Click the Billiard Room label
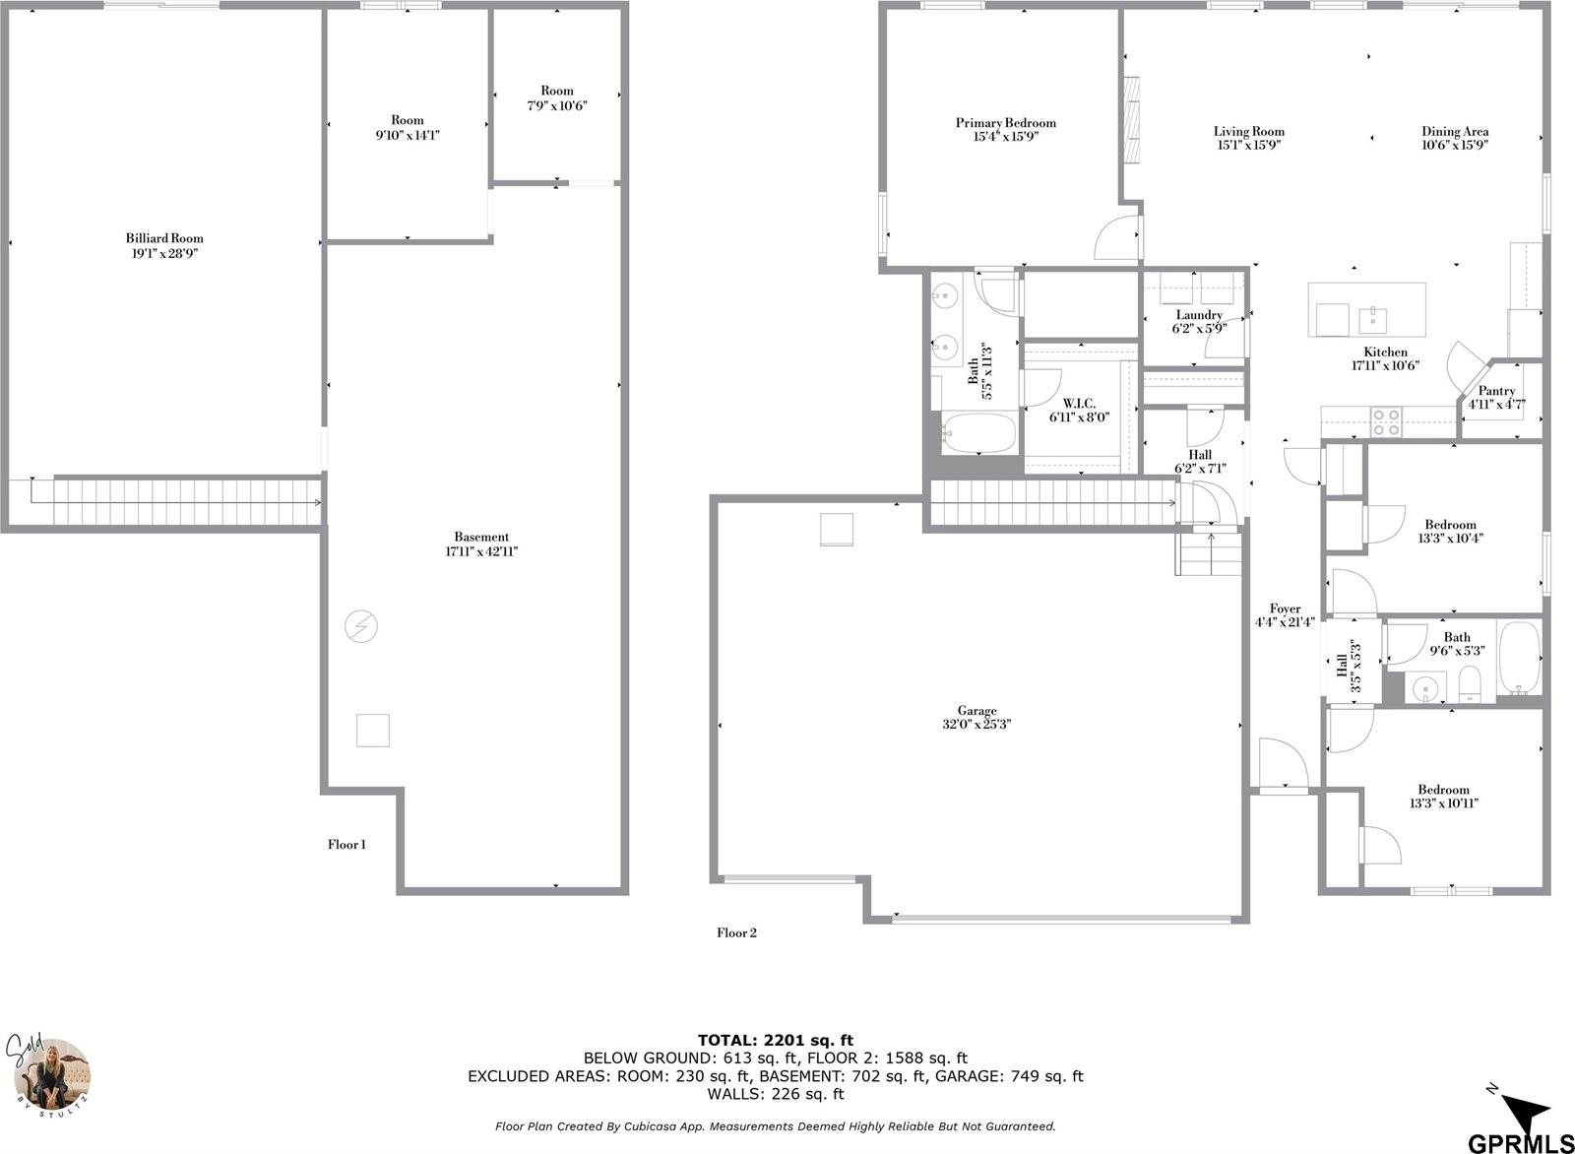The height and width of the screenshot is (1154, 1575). pyautogui.click(x=164, y=238)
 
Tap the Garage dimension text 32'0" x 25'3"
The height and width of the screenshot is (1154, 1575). pyautogui.click(x=976, y=724)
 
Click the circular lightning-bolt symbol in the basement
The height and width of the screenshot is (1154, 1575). pyautogui.click(x=361, y=625)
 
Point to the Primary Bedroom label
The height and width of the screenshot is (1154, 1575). pyautogui.click(x=1005, y=123)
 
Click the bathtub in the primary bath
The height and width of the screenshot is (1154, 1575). pyautogui.click(x=978, y=434)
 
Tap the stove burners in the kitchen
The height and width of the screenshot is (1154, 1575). pyautogui.click(x=1386, y=422)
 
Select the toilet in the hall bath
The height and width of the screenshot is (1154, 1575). pyautogui.click(x=1469, y=685)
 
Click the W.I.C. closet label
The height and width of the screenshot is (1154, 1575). pyautogui.click(x=1079, y=403)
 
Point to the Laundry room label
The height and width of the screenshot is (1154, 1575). pyautogui.click(x=1198, y=315)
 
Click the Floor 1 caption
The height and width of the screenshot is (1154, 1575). pyautogui.click(x=346, y=844)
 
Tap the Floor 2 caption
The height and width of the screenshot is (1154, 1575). pyautogui.click(x=735, y=932)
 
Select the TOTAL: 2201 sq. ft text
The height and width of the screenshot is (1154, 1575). pyautogui.click(x=775, y=1040)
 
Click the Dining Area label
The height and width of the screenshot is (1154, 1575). pyautogui.click(x=1454, y=131)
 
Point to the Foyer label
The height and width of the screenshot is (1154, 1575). pyautogui.click(x=1285, y=609)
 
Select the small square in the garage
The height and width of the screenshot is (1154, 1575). pyautogui.click(x=837, y=530)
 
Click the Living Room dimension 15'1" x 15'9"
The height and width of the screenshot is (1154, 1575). pyautogui.click(x=1248, y=145)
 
